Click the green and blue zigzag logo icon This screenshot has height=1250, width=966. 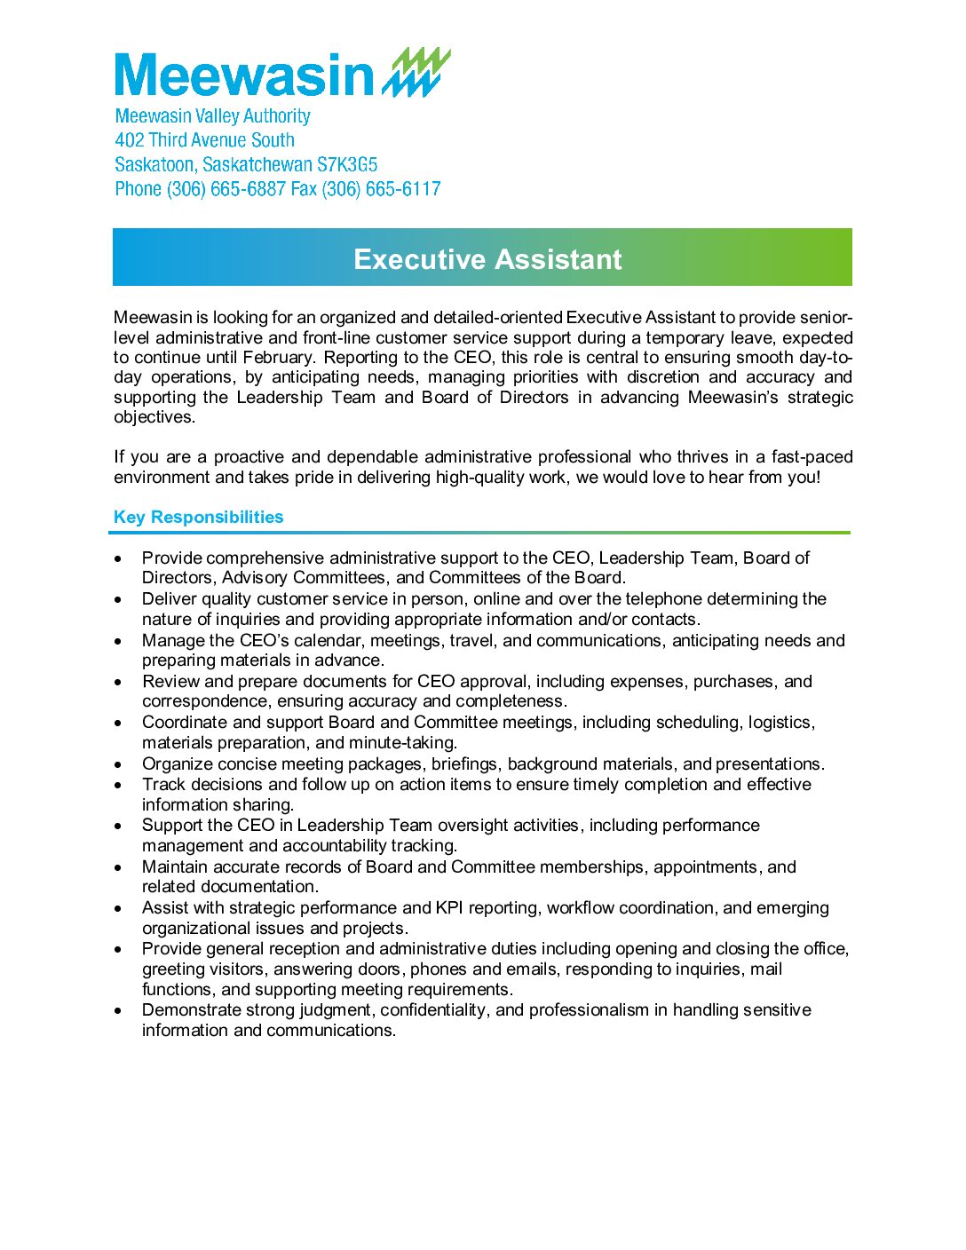point(416,73)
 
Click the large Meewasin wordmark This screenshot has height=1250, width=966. point(244,75)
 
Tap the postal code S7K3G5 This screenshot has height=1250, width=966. point(347,165)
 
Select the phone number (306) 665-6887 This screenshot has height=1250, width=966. point(226,189)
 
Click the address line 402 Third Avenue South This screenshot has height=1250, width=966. point(205,140)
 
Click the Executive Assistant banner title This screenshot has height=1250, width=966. point(487,259)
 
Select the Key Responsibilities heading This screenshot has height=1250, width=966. point(198,518)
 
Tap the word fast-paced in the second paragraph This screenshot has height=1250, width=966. point(812,457)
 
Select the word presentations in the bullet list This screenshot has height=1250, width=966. point(770,764)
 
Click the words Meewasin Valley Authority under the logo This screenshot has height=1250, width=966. point(213,116)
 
